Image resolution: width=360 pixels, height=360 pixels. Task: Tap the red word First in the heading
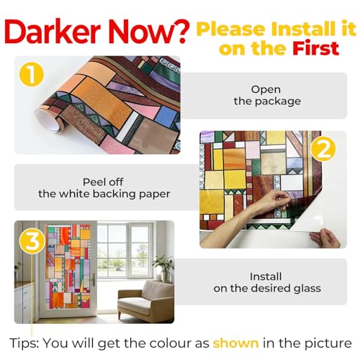coord(315,48)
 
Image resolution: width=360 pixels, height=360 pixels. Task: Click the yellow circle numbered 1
coord(32,74)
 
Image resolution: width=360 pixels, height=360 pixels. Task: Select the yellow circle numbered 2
coord(323,149)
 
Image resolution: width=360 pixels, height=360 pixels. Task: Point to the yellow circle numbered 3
coord(32,241)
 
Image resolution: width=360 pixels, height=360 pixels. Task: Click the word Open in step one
coord(266,90)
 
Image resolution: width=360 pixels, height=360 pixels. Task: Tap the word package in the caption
coord(278,102)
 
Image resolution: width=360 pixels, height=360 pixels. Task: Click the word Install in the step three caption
coord(266,276)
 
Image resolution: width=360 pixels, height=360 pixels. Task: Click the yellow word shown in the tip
coord(235,343)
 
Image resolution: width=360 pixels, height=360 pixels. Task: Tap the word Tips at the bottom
coord(24,343)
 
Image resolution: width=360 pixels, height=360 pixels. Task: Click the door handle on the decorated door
coord(93,279)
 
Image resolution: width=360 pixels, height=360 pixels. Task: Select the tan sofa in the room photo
coord(145,302)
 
